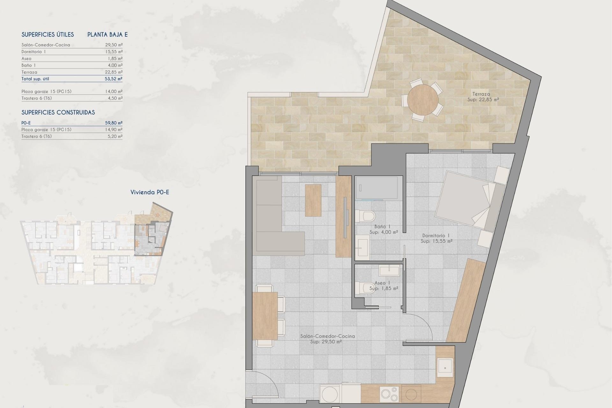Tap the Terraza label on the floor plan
tap(481, 94)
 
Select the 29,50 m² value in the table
tap(114, 45)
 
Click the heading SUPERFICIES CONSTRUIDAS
tap(58, 113)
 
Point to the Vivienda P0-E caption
tap(149, 192)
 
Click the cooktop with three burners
tap(389, 394)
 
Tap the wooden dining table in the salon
tap(265, 316)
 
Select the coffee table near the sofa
tap(313, 200)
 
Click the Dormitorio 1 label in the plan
tap(436, 236)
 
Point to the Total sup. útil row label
tap(35, 79)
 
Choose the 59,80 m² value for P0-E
tap(114, 123)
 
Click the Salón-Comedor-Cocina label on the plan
tap(327, 336)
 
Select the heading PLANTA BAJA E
tap(107, 35)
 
